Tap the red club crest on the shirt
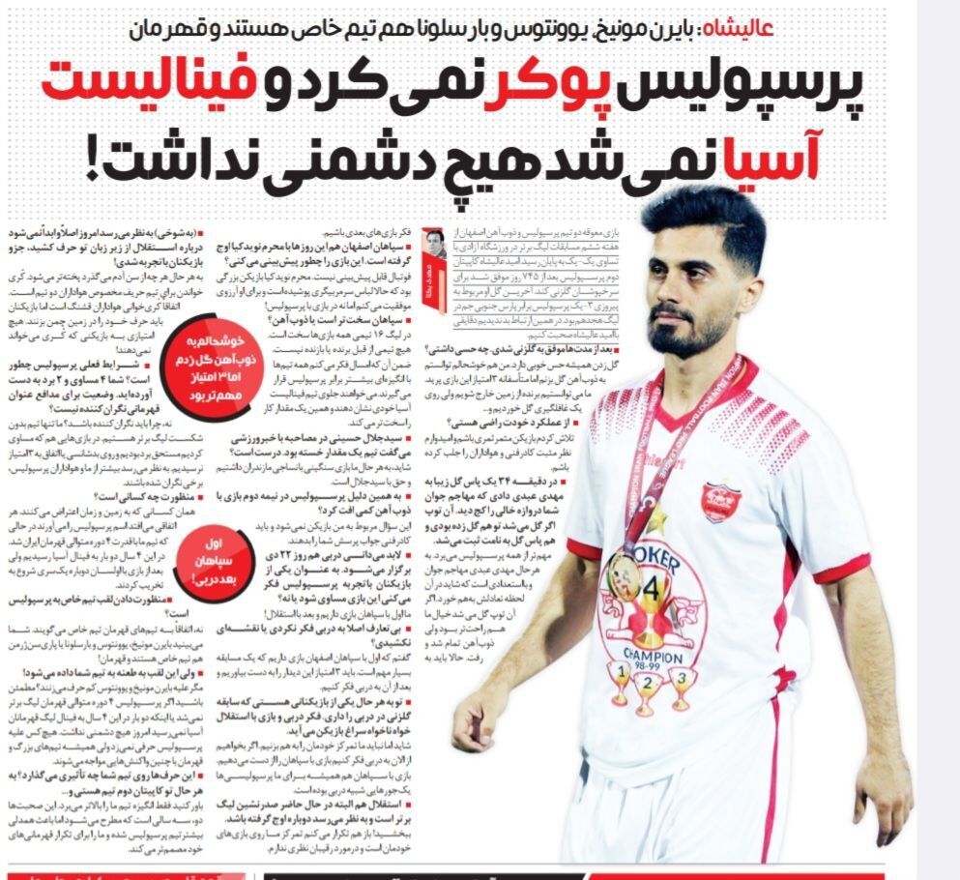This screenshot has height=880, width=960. [x=720, y=503]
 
